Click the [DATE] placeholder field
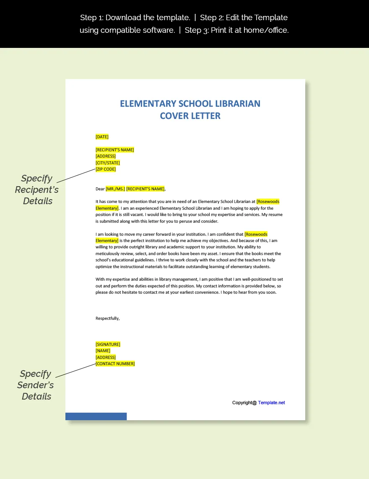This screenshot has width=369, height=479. coord(102,137)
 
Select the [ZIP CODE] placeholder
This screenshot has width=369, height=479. coord(106,169)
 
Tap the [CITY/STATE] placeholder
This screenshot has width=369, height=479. coord(108,163)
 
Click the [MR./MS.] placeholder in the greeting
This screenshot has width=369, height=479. coord(115,189)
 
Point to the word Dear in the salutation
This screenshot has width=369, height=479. coord(100,189)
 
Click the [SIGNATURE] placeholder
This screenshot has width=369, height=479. coord(108,344)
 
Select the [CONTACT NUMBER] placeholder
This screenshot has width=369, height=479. coord(115,363)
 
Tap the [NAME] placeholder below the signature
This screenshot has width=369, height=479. coord(103,350)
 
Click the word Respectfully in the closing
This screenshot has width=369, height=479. coord(107,318)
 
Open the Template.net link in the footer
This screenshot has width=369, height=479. coord(271,403)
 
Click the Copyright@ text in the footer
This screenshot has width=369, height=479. coord(244,403)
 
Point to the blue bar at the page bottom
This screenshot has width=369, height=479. coord(96,416)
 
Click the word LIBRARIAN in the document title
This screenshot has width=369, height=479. coord(237,104)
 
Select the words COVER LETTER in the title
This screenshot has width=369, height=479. coord(190,116)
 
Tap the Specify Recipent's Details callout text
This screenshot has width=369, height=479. coord(37,189)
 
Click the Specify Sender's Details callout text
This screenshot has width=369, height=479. coord(36,385)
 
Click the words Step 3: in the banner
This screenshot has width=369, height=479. coord(197,30)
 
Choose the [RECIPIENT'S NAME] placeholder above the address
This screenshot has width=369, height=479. coord(115,150)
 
